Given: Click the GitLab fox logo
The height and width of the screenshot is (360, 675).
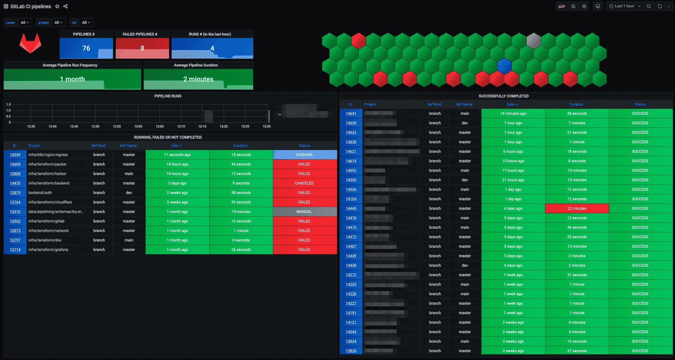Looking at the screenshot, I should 30,44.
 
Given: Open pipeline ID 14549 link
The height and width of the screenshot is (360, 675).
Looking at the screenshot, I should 15,155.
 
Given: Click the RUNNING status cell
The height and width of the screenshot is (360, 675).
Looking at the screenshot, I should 304,155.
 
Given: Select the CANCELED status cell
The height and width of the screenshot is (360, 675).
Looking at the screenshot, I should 304,183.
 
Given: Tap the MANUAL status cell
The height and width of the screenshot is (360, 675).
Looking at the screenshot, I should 304,212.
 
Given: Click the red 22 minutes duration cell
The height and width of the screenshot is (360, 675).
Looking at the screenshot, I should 577,208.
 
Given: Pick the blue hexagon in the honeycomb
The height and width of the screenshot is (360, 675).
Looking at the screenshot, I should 504,66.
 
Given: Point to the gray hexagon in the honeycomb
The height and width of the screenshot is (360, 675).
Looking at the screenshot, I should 534,41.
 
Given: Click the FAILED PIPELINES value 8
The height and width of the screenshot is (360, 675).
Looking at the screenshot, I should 142,48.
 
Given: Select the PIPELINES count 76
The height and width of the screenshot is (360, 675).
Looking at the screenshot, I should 86,48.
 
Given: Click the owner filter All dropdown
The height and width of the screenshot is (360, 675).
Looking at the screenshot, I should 25,22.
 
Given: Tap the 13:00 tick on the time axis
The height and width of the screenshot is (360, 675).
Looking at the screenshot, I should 138,126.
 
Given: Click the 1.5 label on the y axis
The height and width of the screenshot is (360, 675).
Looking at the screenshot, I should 8,104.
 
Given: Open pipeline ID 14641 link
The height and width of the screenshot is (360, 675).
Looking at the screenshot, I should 351,114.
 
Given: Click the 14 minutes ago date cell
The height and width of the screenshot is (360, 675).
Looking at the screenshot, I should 513,114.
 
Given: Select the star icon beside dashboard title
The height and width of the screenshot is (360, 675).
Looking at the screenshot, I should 57,6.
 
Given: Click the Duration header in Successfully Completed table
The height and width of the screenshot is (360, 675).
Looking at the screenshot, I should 576,104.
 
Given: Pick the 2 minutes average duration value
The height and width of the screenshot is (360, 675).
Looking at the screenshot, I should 198,79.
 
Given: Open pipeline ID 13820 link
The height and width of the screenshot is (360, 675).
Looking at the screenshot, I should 351,351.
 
